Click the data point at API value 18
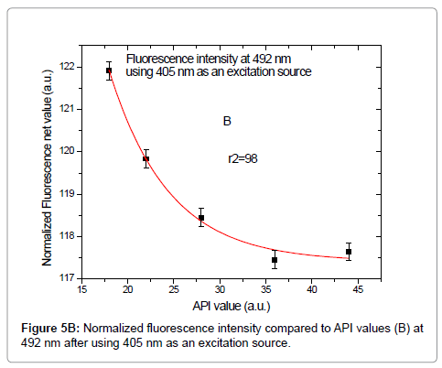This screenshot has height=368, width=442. (x=109, y=70)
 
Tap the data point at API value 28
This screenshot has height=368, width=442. (x=201, y=218)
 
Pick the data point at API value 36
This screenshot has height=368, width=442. (x=275, y=260)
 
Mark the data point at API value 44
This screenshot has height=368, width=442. (x=349, y=252)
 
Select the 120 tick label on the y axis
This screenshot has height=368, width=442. (x=67, y=151)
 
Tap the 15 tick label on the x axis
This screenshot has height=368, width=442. (x=81, y=290)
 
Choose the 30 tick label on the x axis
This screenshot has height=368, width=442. (x=220, y=290)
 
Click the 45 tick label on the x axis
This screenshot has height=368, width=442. (x=358, y=290)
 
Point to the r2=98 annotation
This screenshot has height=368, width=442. (x=243, y=158)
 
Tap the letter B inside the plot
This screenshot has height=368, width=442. (x=226, y=121)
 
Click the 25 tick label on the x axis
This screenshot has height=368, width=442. (x=173, y=290)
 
